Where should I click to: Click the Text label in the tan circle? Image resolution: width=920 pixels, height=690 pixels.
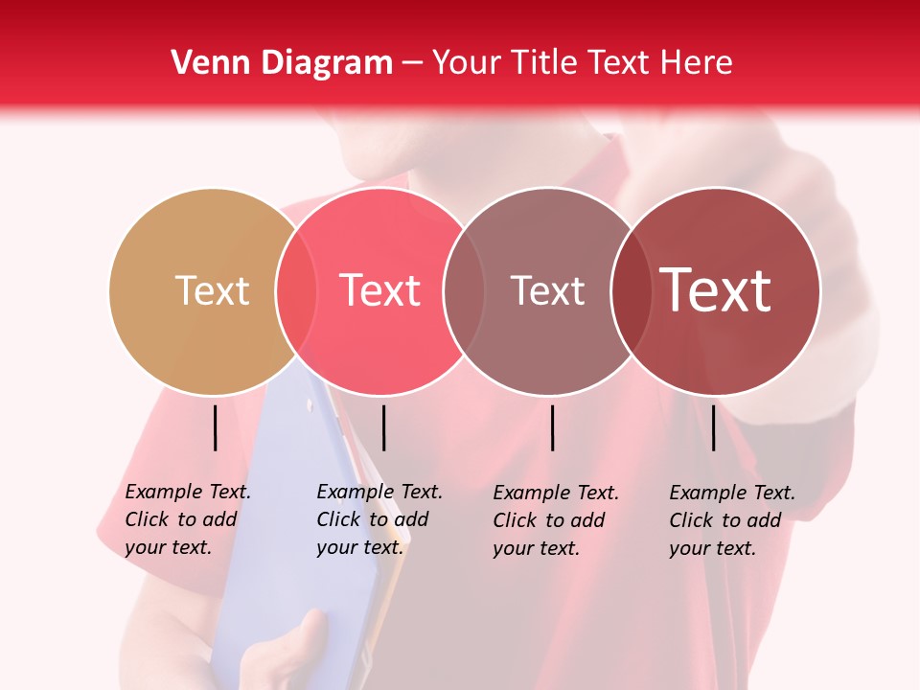tap(212, 290)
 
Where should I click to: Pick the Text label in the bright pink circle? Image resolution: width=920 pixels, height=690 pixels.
tap(380, 290)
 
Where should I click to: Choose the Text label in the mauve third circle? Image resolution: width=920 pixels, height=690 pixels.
tap(547, 290)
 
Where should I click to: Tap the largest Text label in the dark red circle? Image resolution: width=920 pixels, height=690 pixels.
tap(716, 290)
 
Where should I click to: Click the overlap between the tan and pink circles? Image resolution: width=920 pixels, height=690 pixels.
tap(296, 291)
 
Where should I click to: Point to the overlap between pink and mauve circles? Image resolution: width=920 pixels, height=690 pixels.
tap(463, 291)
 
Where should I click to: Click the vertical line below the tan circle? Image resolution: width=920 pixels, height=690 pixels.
tap(216, 427)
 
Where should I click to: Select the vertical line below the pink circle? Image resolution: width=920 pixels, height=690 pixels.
tap(383, 427)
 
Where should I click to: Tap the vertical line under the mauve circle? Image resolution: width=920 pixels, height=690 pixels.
tap(553, 427)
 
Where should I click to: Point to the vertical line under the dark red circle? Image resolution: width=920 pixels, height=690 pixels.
tap(714, 427)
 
